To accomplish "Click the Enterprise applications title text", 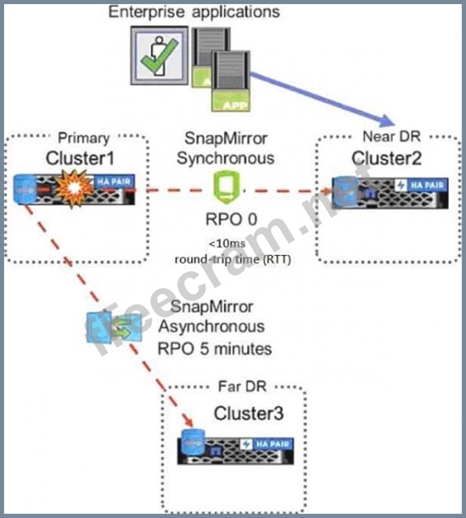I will pos(195,12).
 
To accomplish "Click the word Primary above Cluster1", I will pos(83,138).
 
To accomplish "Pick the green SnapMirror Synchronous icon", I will pos(225,185).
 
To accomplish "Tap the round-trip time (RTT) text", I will pos(233,259).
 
